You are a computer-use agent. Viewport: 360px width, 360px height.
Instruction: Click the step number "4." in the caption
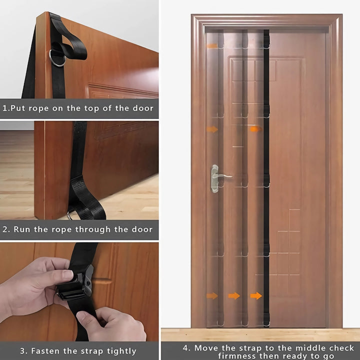tap(186, 348)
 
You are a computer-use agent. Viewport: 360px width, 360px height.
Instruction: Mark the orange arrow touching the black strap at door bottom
tap(256, 295)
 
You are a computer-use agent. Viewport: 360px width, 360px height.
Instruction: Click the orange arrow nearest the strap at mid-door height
tap(255, 129)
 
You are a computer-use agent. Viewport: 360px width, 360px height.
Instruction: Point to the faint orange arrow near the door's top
tap(212, 46)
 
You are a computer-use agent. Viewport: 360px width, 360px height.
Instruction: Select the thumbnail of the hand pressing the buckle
tap(79, 291)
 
